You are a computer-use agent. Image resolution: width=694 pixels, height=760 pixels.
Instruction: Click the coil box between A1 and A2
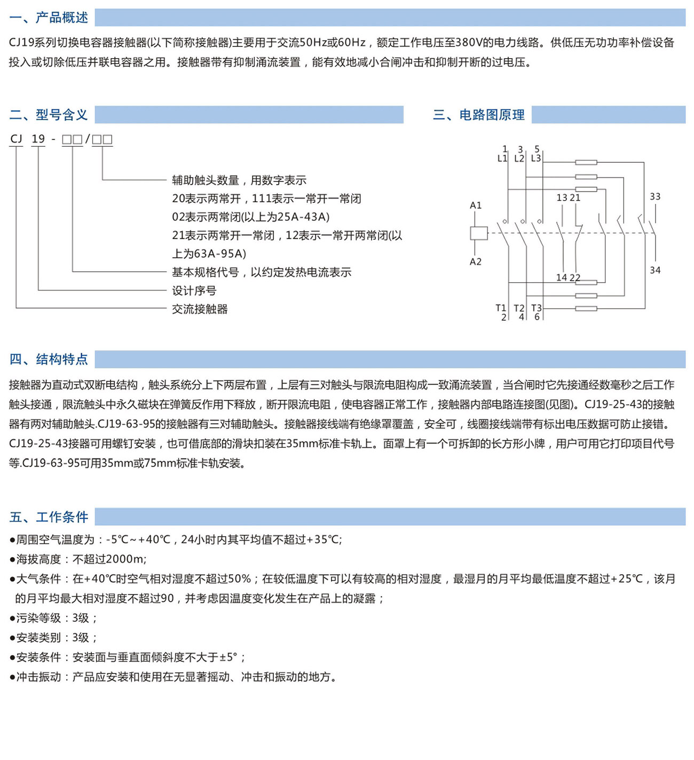click(x=478, y=233)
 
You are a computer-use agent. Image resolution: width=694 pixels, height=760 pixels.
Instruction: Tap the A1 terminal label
click(x=476, y=205)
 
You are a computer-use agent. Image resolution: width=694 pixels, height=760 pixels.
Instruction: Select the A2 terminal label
click(x=476, y=262)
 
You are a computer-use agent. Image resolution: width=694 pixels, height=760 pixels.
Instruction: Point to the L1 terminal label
click(x=502, y=159)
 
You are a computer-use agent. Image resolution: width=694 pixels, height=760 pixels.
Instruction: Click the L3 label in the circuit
click(x=536, y=159)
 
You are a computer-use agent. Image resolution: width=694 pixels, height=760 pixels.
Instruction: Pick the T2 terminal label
click(x=518, y=308)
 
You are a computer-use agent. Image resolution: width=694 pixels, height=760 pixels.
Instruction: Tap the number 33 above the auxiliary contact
click(x=655, y=197)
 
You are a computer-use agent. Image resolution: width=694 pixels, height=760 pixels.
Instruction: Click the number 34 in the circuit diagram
click(x=655, y=270)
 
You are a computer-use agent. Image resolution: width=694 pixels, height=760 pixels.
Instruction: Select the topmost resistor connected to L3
click(x=586, y=162)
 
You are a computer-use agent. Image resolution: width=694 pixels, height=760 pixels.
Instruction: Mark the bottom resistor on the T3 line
click(x=586, y=308)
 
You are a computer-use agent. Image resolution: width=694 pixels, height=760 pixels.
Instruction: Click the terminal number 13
click(x=562, y=198)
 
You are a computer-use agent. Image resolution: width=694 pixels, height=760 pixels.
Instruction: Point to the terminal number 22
click(x=575, y=278)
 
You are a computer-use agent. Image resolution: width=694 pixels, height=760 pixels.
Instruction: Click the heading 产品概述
click(x=61, y=18)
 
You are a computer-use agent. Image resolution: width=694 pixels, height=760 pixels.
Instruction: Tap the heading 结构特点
click(x=61, y=359)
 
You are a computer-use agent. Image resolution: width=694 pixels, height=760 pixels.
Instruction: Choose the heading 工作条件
click(x=61, y=517)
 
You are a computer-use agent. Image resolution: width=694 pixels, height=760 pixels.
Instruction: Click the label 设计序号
click(x=194, y=291)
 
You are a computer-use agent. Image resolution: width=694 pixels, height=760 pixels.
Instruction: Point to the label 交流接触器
click(x=200, y=309)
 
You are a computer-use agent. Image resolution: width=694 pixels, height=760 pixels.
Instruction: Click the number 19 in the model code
click(x=38, y=139)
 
